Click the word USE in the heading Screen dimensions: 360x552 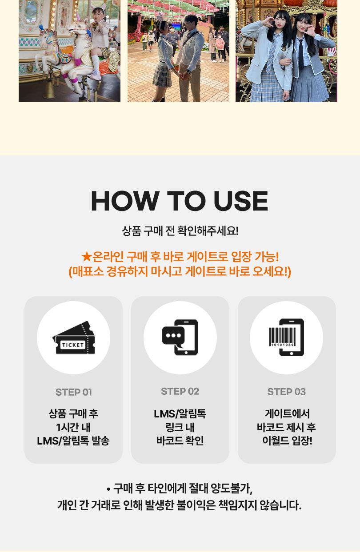click(x=240, y=201)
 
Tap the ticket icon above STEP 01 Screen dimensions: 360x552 click(x=74, y=338)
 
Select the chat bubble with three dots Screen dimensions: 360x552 click(x=173, y=336)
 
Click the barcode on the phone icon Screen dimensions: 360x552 click(x=282, y=337)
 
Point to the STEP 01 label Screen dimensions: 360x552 click(x=74, y=392)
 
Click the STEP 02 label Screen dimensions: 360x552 click(x=180, y=391)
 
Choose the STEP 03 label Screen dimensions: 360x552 click(x=287, y=392)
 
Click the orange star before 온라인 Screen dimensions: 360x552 click(x=87, y=257)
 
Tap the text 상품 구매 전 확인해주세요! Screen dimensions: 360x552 click(x=180, y=231)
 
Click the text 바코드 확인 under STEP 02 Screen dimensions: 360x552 click(x=180, y=441)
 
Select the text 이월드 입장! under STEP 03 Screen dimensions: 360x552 click(x=287, y=441)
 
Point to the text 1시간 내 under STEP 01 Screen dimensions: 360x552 click(x=73, y=427)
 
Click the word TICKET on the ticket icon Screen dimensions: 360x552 click(x=73, y=345)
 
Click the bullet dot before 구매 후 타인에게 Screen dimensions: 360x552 click(x=108, y=489)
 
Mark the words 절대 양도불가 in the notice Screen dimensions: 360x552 click(x=220, y=488)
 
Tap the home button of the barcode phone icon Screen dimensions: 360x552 click(x=292, y=353)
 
